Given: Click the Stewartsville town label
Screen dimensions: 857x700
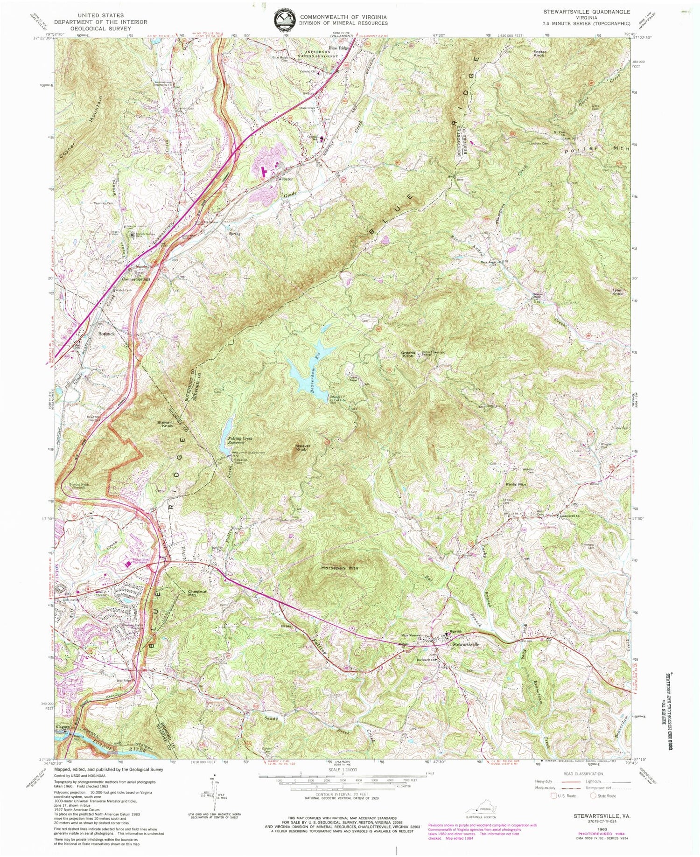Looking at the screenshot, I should pyautogui.click(x=466, y=644).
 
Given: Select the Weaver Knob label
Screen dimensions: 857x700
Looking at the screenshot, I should pyautogui.click(x=303, y=448).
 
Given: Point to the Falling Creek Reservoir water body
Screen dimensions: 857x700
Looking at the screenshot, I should pyautogui.click(x=228, y=435).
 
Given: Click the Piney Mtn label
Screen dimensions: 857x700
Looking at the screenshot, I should pyautogui.click(x=516, y=485).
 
